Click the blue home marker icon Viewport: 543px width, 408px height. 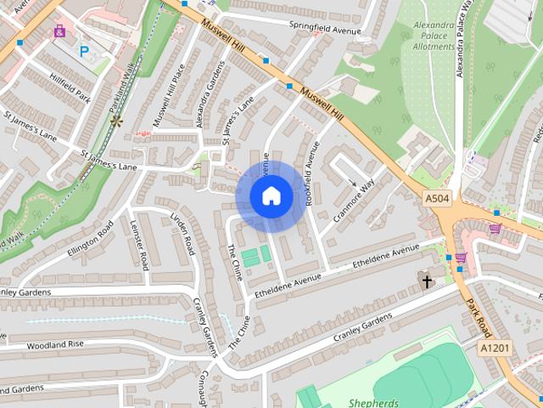(x=271, y=196)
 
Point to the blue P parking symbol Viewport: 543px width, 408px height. (x=84, y=51)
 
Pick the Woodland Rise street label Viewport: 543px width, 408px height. (x=55, y=344)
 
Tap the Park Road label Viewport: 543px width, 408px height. (x=479, y=314)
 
